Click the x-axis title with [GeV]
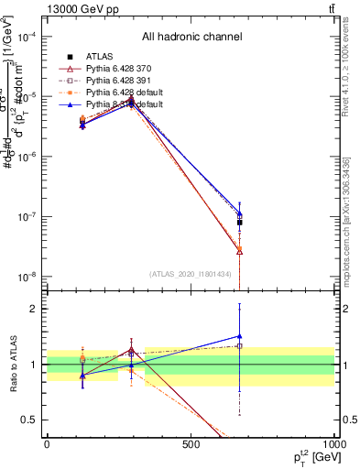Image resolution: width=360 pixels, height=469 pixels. [309, 455]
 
